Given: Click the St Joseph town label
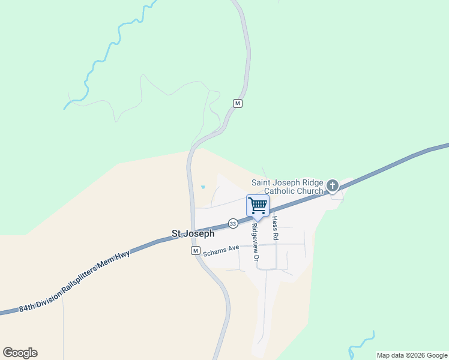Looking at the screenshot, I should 193,234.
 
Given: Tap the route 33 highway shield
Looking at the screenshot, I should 233,223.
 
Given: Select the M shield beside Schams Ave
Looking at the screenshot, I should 195,250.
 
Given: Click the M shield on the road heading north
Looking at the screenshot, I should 238,103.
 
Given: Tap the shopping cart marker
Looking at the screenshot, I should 258,205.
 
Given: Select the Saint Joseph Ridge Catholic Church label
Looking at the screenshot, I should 287,187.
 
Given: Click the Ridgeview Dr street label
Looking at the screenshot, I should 255,242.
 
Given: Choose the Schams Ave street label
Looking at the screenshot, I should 221,249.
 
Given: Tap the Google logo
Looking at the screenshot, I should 20,353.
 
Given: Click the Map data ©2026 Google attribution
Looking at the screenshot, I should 412,355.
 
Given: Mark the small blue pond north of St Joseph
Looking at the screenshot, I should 203,187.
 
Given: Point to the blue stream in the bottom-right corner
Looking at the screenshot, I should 363,342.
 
